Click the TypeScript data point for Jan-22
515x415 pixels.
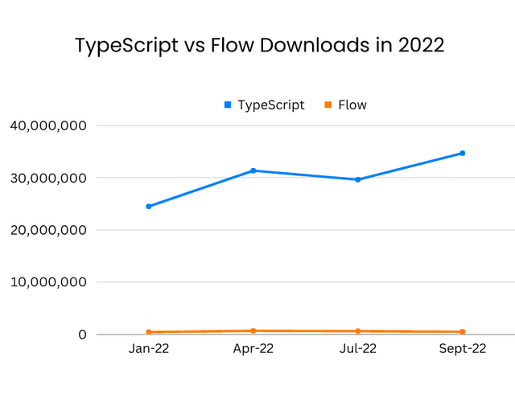point(149,207)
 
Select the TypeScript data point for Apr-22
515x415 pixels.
point(253,171)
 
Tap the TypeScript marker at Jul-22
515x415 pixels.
point(358,179)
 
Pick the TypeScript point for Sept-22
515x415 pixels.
point(463,153)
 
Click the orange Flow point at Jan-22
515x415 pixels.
point(149,332)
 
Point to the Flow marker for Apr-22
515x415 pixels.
point(253,331)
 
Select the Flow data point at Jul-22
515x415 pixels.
point(358,331)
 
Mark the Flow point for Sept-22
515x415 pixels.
point(463,332)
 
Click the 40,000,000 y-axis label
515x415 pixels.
point(49,125)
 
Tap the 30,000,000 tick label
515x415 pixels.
point(49,178)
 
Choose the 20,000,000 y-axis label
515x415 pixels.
point(49,230)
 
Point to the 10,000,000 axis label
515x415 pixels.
point(49,282)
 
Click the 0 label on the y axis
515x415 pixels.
point(83,335)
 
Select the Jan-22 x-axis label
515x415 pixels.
point(149,349)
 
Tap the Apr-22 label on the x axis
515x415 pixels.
point(253,349)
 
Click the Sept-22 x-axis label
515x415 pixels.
point(463,349)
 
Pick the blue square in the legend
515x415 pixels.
point(228,105)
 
